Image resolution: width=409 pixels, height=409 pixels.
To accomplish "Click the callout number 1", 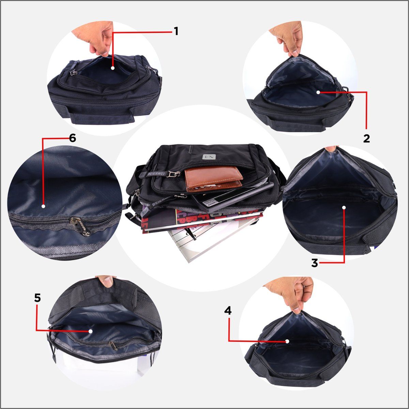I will coord(176,31).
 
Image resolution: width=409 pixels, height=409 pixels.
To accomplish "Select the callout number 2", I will coord(366,138).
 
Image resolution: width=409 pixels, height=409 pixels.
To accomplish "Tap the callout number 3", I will coord(315,263).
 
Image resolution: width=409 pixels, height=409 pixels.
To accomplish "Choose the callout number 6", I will coord(72,138).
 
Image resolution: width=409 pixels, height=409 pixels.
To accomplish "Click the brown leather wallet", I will coord(214,179).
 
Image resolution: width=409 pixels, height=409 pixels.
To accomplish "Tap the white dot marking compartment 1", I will coord(113,68).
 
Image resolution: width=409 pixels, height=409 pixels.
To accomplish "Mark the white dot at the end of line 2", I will coord(318,92).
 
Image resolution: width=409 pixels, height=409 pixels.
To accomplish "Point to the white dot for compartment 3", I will coord(344,207).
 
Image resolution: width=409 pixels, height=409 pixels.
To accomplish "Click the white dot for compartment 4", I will coord(287,341).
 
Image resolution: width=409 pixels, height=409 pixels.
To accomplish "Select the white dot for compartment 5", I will coord(90,331).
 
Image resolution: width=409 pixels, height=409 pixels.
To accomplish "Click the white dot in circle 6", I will coord(43,206).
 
